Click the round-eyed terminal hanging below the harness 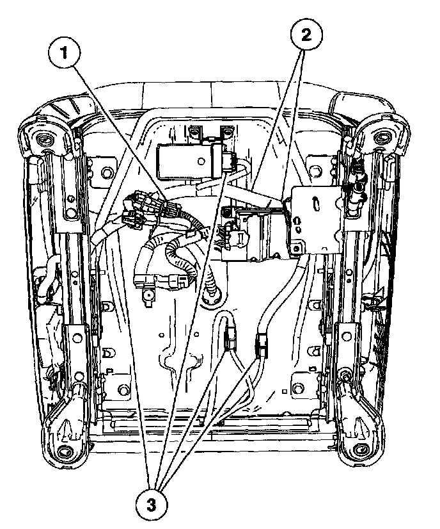point(148,295)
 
